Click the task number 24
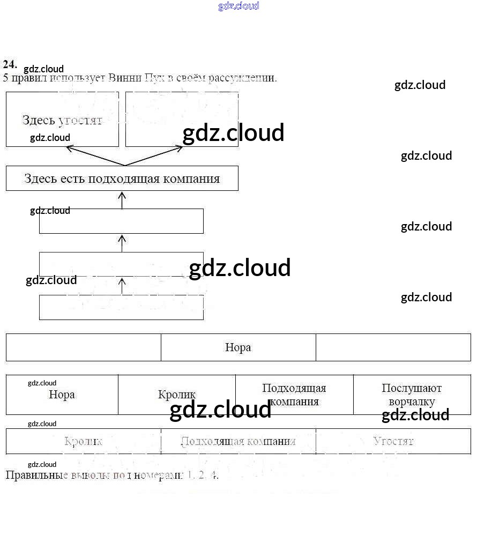(x=10, y=64)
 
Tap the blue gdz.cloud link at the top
(x=238, y=6)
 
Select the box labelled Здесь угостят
(x=62, y=119)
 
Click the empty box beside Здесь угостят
(x=182, y=119)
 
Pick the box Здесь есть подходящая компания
(x=122, y=179)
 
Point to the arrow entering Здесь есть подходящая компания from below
(x=122, y=200)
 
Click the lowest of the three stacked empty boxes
(x=121, y=308)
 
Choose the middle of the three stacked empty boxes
(x=121, y=264)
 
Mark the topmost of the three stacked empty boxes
(x=121, y=221)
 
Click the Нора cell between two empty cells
(x=238, y=347)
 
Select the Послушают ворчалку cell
(x=412, y=395)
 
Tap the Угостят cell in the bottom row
(x=393, y=441)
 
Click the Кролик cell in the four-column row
(x=177, y=395)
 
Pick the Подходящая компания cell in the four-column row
(x=294, y=395)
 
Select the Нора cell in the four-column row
(x=62, y=395)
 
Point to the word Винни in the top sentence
(x=124, y=78)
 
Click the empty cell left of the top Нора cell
(x=83, y=347)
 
